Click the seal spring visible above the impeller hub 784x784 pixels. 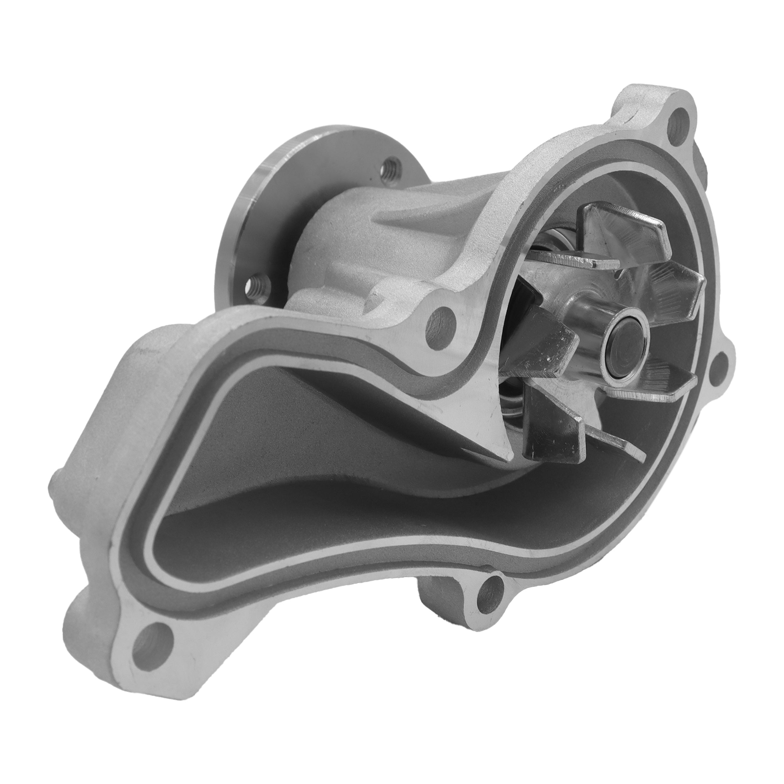(x=548, y=243)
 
